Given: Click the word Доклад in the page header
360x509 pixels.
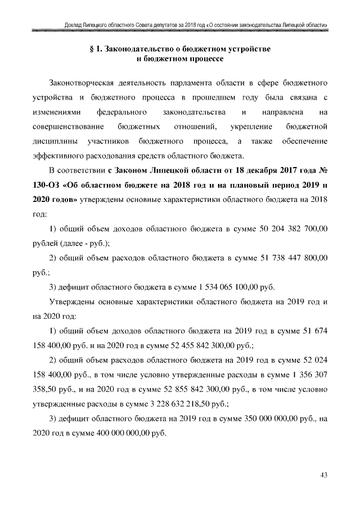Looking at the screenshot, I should click(75, 25).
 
